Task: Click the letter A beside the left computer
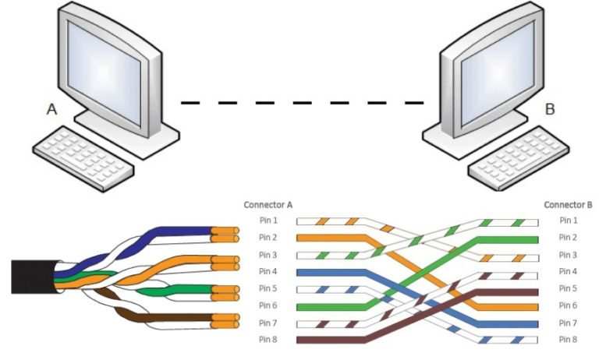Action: click(52, 111)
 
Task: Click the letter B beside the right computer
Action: click(550, 109)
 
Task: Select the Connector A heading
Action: click(268, 205)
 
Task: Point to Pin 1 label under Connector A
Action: click(268, 221)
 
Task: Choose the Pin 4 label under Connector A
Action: click(268, 272)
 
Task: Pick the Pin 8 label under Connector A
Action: click(268, 340)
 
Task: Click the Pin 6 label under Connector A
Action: click(268, 306)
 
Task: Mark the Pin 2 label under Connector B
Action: click(569, 238)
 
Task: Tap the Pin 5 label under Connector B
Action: click(569, 289)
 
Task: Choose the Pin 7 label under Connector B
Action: click(569, 323)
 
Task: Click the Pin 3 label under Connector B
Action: click(569, 255)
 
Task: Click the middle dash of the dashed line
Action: click(303, 102)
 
